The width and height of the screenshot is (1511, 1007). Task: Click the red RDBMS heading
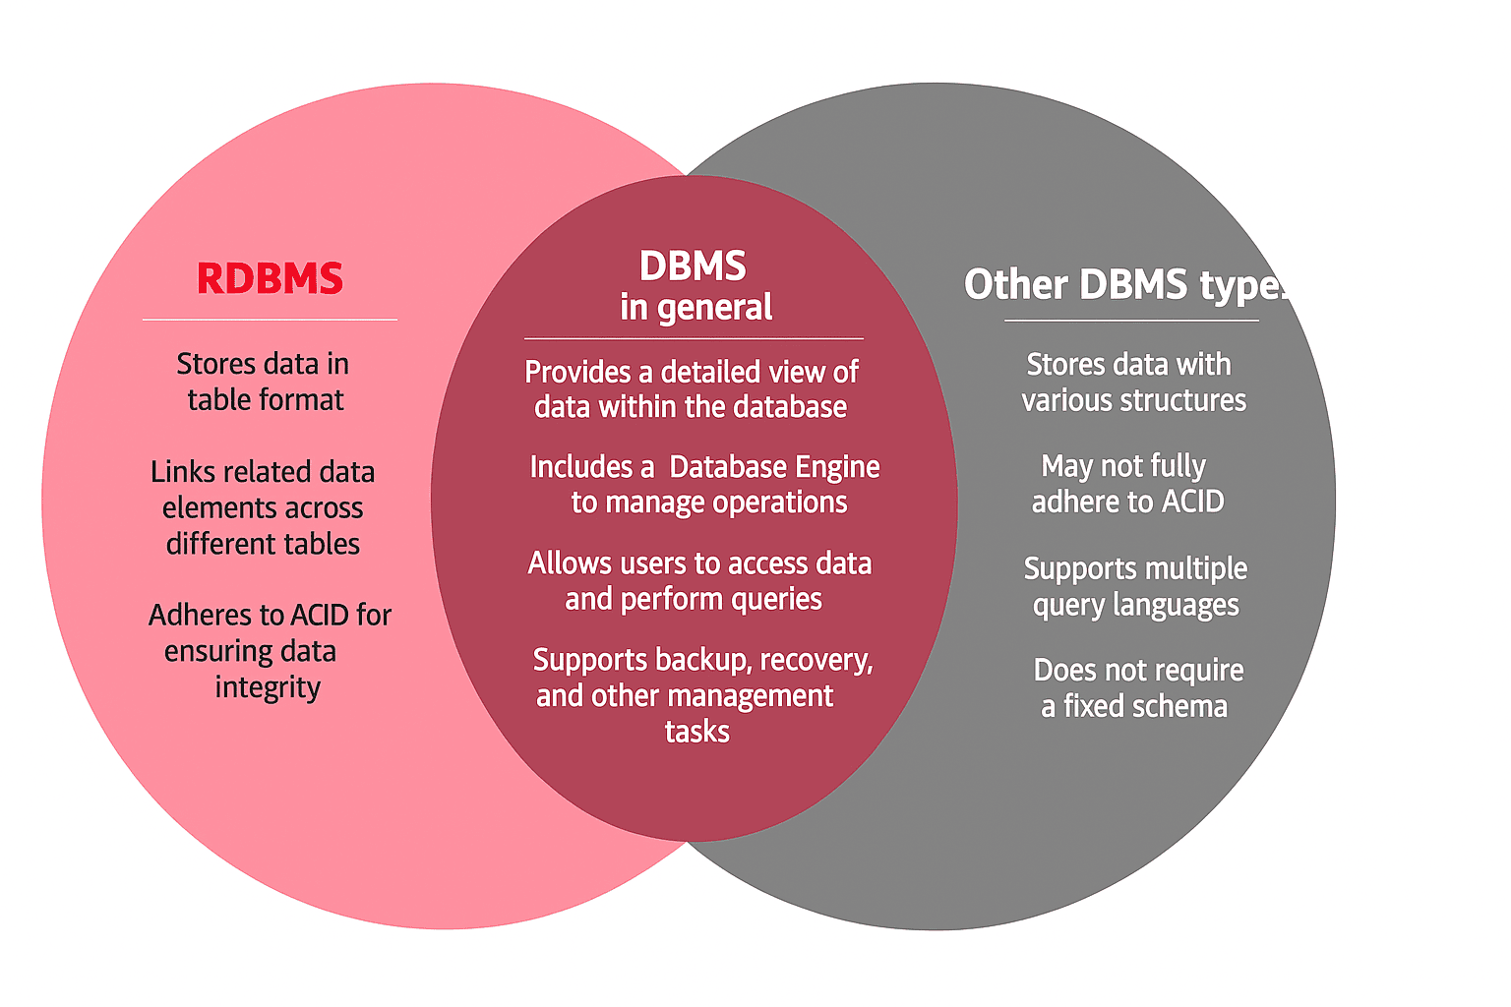270,279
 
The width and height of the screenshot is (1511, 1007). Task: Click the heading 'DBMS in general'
695,286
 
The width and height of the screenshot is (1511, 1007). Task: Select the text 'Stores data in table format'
264,382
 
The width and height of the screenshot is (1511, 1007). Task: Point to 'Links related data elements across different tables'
263,507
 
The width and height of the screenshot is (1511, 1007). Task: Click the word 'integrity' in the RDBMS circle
268,686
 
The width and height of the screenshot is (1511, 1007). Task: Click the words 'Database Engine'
774,466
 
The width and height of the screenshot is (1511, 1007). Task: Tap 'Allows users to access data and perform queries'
698,580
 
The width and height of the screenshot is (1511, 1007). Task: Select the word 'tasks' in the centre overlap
696,732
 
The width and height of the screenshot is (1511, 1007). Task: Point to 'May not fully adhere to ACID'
1126,483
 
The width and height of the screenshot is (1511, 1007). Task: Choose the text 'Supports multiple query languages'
1135,587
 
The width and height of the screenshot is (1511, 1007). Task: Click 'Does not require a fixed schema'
1137,687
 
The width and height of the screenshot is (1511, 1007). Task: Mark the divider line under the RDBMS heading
270,320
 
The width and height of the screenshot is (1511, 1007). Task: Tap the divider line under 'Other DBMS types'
1131,321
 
